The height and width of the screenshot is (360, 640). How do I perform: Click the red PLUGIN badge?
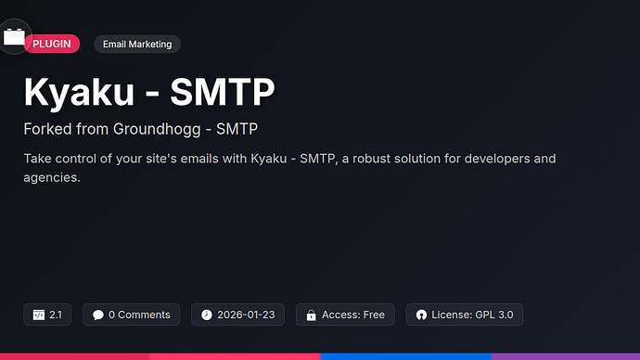click(x=52, y=44)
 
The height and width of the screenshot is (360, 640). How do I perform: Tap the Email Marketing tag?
click(x=137, y=44)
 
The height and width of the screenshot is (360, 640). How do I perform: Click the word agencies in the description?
click(x=51, y=176)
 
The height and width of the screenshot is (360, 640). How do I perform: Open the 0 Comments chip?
click(x=132, y=315)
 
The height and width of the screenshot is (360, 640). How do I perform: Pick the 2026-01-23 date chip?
click(x=237, y=315)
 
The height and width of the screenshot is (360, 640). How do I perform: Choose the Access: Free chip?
click(x=345, y=315)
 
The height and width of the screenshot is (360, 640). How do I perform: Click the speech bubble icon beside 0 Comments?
click(x=98, y=315)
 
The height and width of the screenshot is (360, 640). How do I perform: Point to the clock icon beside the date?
click(x=207, y=315)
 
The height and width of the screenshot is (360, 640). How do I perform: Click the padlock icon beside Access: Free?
click(x=311, y=315)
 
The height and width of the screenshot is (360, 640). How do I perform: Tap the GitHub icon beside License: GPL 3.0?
click(x=421, y=315)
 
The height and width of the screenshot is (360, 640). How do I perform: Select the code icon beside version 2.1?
click(x=39, y=315)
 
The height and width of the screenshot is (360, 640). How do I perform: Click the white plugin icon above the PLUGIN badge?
click(x=15, y=36)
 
